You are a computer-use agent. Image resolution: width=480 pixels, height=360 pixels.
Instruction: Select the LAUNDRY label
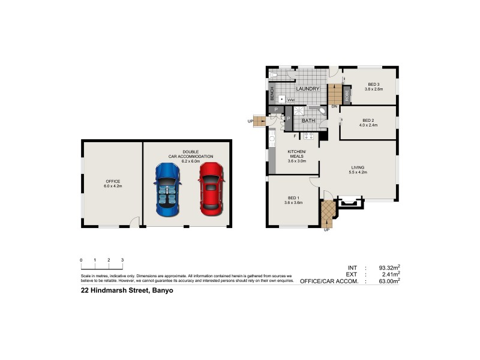coord(307,89)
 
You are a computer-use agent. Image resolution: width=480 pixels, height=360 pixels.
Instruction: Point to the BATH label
coord(308,121)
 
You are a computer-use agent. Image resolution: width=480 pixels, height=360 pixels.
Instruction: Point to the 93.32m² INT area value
coord(389,268)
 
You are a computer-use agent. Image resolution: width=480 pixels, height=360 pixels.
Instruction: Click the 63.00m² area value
coord(389,281)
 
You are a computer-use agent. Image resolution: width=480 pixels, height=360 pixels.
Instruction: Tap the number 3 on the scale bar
coord(122,260)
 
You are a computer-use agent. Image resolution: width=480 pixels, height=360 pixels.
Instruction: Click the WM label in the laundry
coord(290,100)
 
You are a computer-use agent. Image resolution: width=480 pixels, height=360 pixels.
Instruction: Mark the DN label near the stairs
coord(334,107)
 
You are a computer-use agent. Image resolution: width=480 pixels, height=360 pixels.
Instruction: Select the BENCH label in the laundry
coord(272,94)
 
